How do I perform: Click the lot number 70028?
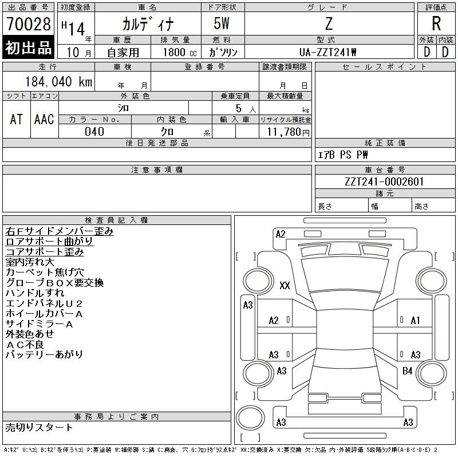coord(28,23)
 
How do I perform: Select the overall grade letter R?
coord(436,23)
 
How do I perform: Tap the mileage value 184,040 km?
coord(59,81)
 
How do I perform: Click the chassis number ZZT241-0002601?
coord(384,181)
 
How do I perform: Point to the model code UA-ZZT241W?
coord(327,52)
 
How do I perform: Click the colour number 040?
coord(94,132)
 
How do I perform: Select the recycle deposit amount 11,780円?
coord(288,132)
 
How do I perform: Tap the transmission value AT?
coord(16,119)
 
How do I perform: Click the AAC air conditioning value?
coord(44,119)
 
